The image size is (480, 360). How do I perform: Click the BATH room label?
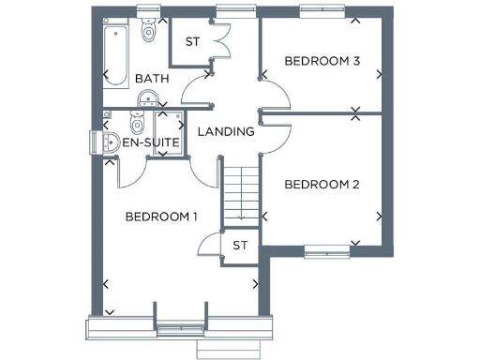pyautogui.click(x=151, y=79)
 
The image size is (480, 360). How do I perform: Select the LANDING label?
pyautogui.click(x=226, y=131)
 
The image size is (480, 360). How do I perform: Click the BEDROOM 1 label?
pyautogui.click(x=161, y=217)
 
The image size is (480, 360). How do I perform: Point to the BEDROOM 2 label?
pyautogui.click(x=322, y=185)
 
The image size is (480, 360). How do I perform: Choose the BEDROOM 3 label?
pyautogui.click(x=322, y=61)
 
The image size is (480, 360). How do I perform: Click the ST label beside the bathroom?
pyautogui.click(x=192, y=41)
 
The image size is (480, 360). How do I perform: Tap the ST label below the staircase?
pyautogui.click(x=239, y=246)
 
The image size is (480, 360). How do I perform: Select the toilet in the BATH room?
pyautogui.click(x=147, y=33)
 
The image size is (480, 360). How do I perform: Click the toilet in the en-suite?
pyautogui.click(x=136, y=123)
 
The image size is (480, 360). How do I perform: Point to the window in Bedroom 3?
pyautogui.click(x=322, y=10)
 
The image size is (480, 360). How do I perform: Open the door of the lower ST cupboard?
pyautogui.click(x=208, y=246)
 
